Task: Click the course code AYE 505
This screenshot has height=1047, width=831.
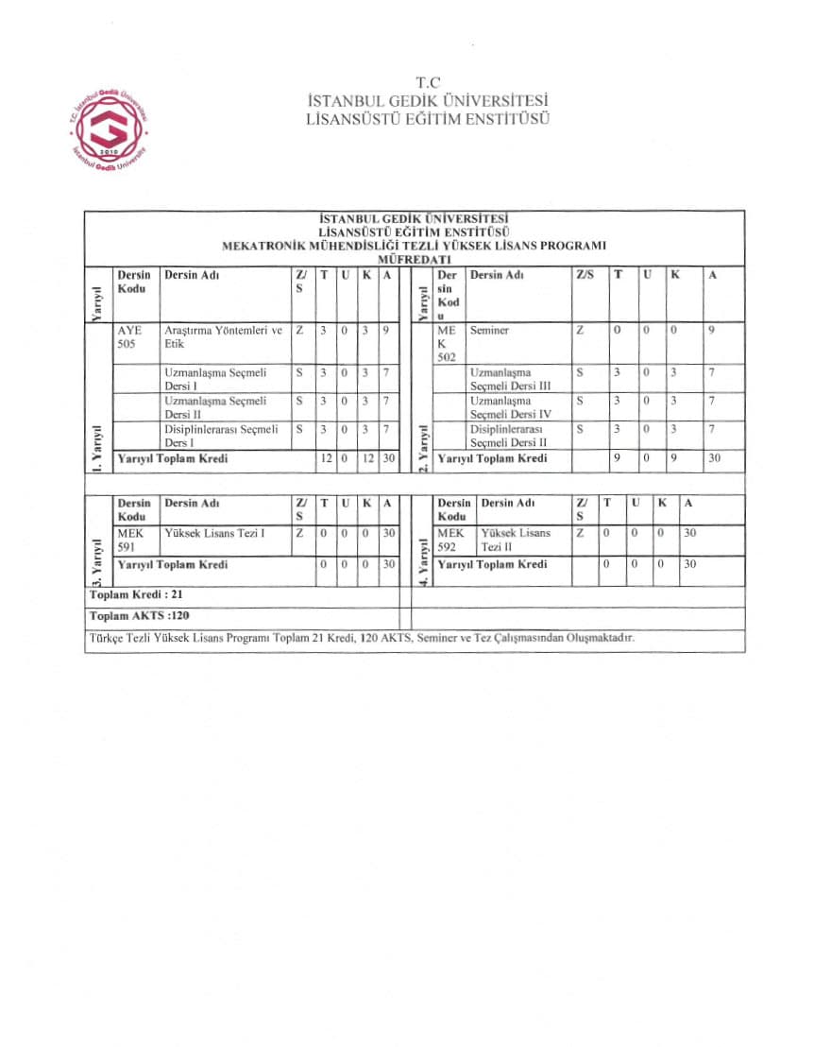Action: coord(128,338)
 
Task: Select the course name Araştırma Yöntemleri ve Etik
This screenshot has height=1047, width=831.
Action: coord(223,338)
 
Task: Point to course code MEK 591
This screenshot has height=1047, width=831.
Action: coord(128,541)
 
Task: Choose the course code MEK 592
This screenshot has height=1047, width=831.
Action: coord(451,541)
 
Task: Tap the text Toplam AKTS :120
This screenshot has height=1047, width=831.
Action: coord(132,616)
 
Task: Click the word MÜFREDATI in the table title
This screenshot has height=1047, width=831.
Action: coord(414,259)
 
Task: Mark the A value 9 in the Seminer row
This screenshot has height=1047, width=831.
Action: coord(712,331)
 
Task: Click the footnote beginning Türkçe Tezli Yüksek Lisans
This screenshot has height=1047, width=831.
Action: coord(362,638)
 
